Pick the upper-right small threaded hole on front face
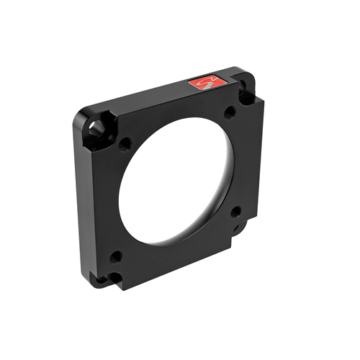(x=229, y=112)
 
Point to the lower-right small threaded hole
(x=235, y=212)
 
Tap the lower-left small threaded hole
(x=115, y=255)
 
